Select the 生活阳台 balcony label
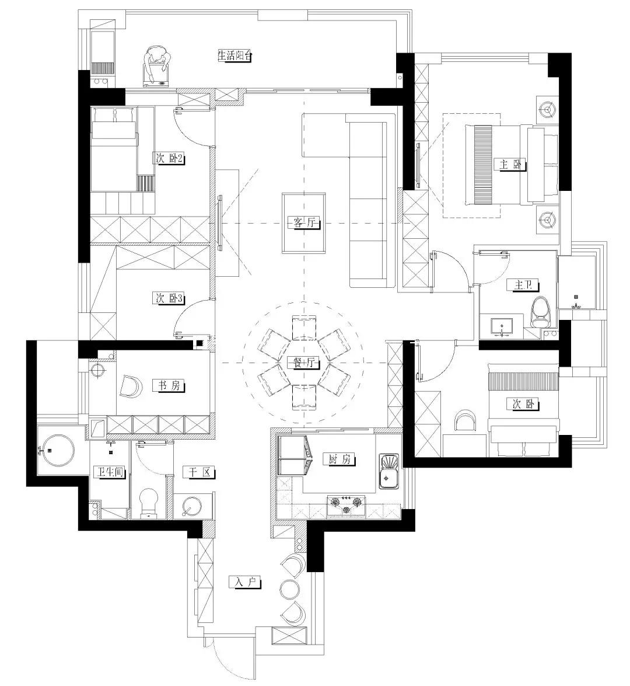235,55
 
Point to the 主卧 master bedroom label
510,165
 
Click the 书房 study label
169,385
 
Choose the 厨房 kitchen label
339,459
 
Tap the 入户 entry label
245,583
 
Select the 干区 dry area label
200,472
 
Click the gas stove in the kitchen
346,505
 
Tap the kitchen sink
388,472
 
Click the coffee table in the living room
304,223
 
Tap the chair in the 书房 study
131,386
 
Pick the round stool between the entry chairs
289,589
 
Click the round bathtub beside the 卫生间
57,450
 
